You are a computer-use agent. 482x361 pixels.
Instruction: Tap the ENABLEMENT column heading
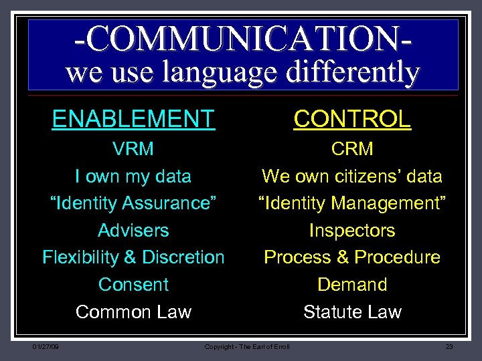[133, 119]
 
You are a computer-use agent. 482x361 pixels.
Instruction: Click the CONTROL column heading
[352, 119]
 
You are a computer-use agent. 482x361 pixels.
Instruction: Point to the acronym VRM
[133, 149]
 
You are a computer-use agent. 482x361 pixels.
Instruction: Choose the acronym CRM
[352, 149]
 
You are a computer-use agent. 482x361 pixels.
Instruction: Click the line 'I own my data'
[133, 176]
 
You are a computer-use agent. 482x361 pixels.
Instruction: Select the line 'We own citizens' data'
[352, 176]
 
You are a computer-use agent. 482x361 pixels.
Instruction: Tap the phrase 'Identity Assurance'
[133, 203]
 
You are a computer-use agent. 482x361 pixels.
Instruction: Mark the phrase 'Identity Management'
[352, 203]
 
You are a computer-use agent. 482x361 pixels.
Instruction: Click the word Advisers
[133, 231]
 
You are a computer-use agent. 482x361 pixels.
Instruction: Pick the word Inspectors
[352, 231]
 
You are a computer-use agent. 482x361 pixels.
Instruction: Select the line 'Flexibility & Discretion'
[133, 257]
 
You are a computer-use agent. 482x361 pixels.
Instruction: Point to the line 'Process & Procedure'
[352, 257]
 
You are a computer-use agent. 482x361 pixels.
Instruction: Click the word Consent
[133, 285]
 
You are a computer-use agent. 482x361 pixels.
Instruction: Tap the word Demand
[352, 285]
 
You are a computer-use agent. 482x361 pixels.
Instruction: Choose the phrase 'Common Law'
[133, 312]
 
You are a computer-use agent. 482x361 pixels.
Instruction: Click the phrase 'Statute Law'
[352, 312]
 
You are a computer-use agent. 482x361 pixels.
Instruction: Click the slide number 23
[449, 346]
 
